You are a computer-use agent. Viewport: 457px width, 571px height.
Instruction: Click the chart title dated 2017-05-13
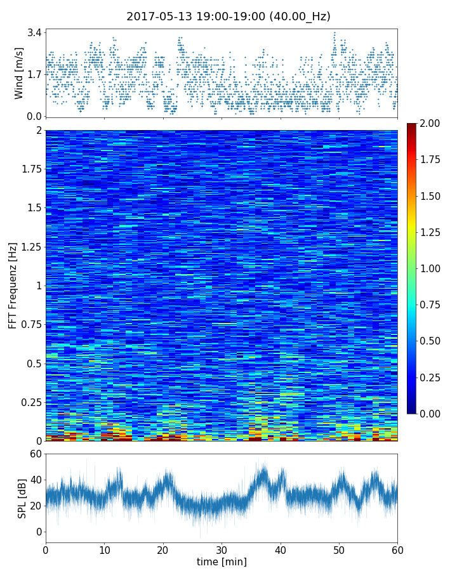coord(228,16)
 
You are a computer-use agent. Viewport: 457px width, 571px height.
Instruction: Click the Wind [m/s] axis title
coord(19,73)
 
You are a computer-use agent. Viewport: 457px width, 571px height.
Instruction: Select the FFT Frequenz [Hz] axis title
coord(13,285)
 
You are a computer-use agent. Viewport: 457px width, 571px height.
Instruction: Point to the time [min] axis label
coord(222,561)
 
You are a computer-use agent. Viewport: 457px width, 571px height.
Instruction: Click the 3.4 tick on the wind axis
coord(34,32)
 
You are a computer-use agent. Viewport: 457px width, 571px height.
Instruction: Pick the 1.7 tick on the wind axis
coord(34,74)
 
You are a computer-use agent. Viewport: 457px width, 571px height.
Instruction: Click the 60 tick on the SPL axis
coord(36,454)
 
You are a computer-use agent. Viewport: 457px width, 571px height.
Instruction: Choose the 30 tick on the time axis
coord(222,549)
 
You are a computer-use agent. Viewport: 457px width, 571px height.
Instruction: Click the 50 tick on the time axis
coord(339,549)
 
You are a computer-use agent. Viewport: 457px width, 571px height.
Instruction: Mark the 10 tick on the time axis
coord(104,549)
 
